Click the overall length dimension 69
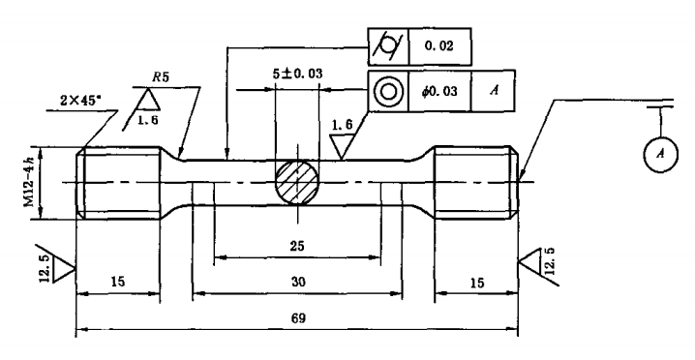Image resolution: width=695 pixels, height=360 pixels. coord(298,318)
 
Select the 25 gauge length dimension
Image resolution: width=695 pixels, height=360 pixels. coord(297,246)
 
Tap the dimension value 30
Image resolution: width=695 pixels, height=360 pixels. coord(298,282)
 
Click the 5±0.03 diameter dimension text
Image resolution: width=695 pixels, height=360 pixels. coord(297,74)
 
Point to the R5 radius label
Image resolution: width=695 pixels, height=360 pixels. coord(161,76)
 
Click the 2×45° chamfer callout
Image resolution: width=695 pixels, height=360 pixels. coord(80,101)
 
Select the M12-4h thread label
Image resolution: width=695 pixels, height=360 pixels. coord(29,182)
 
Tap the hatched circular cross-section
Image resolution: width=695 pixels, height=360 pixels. coord(297,183)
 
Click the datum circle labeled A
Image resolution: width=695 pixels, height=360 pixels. coord(660,154)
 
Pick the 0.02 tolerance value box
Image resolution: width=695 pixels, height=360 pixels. coord(439,46)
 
